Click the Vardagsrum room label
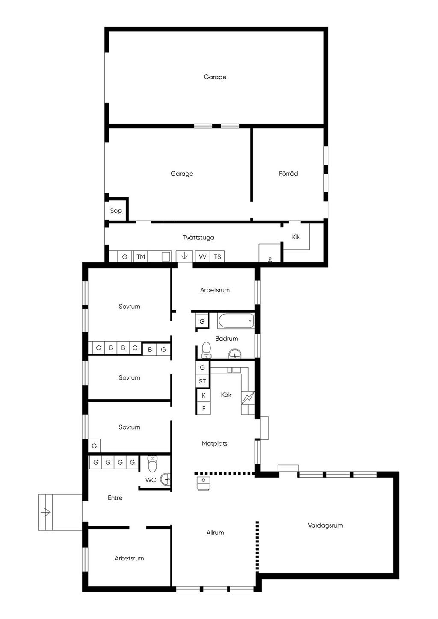[x=325, y=525]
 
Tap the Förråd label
[x=288, y=173]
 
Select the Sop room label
[x=116, y=211]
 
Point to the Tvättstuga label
[x=198, y=237]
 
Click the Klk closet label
[x=296, y=237]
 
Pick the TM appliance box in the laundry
[x=140, y=256]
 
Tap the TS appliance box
[x=217, y=256]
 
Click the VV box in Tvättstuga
[x=203, y=256]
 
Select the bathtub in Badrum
[x=236, y=321]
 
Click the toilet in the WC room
[x=152, y=464]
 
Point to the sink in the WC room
[x=166, y=479]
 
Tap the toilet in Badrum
[x=206, y=350]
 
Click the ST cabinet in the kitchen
[x=202, y=381]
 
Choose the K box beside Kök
[x=204, y=395]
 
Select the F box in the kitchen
[x=204, y=408]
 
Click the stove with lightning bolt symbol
[x=248, y=398]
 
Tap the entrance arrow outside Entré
[x=46, y=512]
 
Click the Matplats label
[x=215, y=444]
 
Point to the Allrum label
[x=215, y=533]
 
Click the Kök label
[x=226, y=395]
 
